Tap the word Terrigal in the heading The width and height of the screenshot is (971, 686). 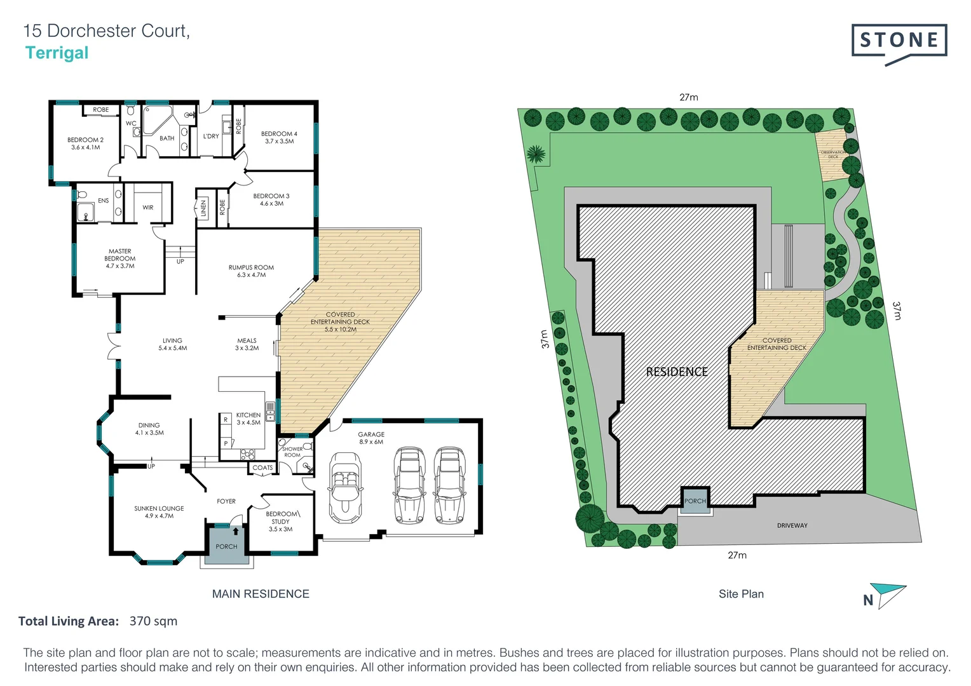tap(57, 53)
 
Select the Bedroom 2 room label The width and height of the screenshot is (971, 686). tap(85, 144)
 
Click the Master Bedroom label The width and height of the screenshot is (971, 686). tap(119, 259)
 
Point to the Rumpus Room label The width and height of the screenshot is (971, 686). tap(251, 271)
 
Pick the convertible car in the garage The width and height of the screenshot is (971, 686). tap(345, 487)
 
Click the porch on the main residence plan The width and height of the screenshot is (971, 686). tap(226, 546)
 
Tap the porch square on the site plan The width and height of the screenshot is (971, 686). tap(695, 501)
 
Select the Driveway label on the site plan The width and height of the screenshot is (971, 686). tap(792, 526)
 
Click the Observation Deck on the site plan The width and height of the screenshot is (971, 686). tap(832, 154)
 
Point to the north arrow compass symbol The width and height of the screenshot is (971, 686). tap(887, 596)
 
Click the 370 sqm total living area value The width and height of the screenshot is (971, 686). tap(153, 621)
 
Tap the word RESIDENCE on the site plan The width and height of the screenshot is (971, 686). tap(676, 372)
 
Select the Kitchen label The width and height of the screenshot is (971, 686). tap(248, 419)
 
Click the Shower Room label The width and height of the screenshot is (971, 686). tap(292, 452)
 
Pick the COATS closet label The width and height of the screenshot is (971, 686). tap(262, 468)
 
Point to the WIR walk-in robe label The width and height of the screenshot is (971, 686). tap(148, 208)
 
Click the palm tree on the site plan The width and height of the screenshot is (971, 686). tap(536, 154)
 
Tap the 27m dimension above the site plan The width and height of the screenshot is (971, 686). tap(688, 97)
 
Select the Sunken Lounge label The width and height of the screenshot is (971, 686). tap(159, 512)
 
